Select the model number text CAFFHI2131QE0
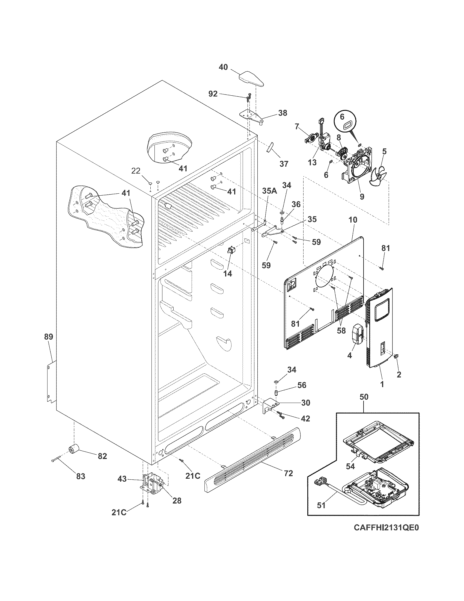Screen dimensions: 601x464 tap(386, 535)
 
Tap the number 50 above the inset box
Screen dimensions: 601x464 tap(364, 397)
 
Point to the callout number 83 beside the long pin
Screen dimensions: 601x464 tap(81, 476)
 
